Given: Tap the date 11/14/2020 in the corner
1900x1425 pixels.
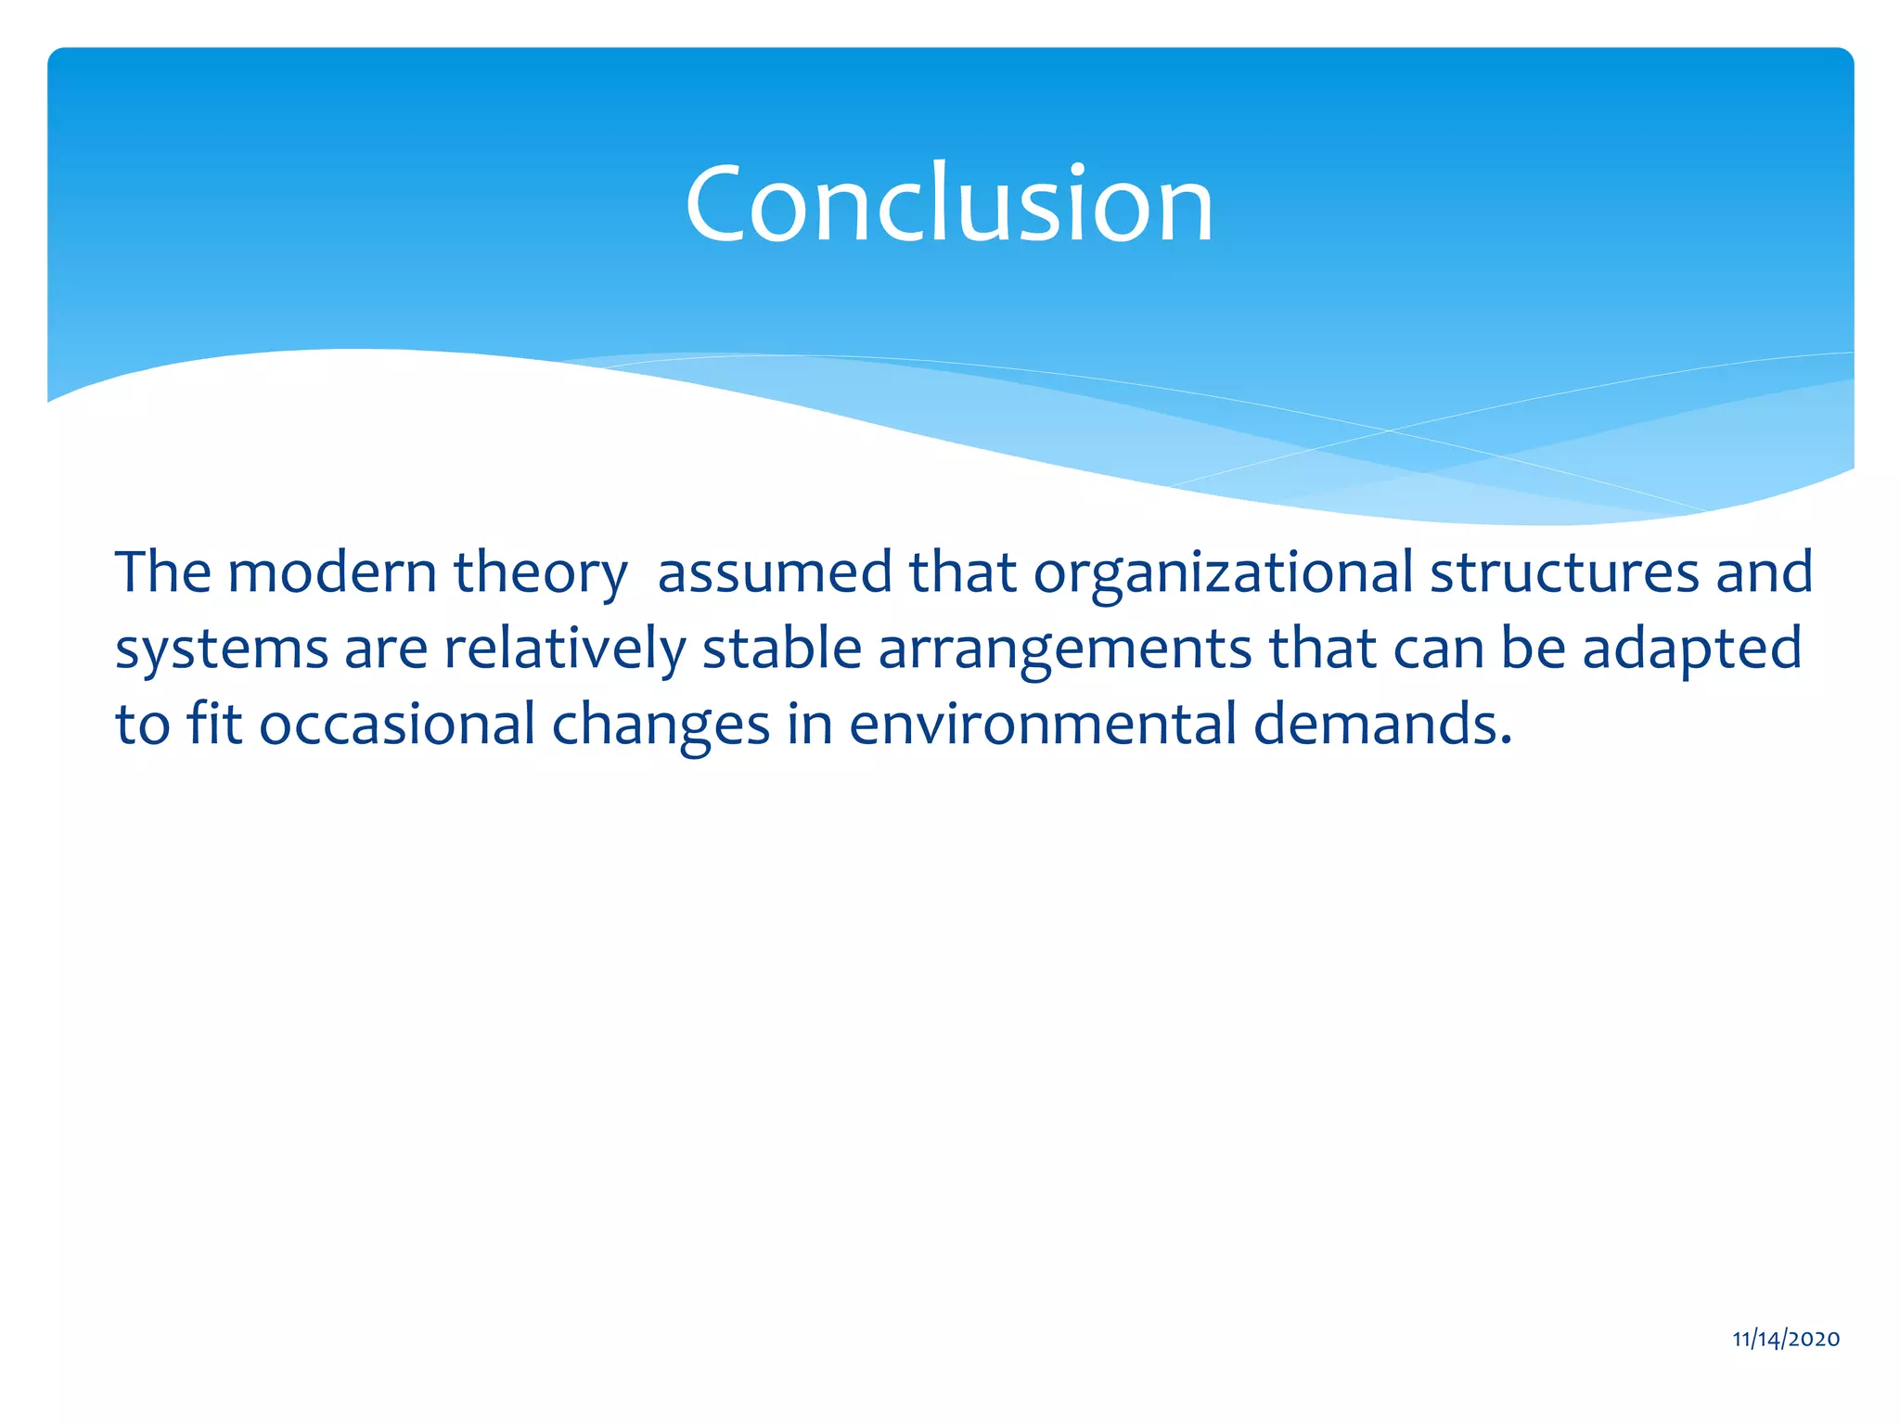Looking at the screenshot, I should click(1786, 1339).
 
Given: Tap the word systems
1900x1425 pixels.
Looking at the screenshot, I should click(222, 649).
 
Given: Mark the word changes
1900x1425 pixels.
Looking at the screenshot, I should click(661, 725).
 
